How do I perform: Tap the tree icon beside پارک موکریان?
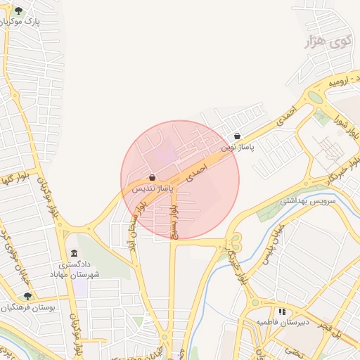pyautogui.click(x=18, y=11)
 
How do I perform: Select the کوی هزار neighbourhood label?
pyautogui.click(x=327, y=42)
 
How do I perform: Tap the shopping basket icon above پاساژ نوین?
pyautogui.click(x=237, y=136)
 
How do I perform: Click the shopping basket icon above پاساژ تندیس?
pyautogui.click(x=153, y=178)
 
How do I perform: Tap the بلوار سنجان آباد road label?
pyautogui.click(x=131, y=225)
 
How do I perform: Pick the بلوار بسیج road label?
pyautogui.click(x=173, y=218)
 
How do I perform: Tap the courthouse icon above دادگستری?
pyautogui.click(x=75, y=253)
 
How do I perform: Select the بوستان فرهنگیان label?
pyautogui.click(x=29, y=307)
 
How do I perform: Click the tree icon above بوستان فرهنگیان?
pyautogui.click(x=27, y=296)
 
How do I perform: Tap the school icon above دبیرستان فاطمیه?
pyautogui.click(x=282, y=311)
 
